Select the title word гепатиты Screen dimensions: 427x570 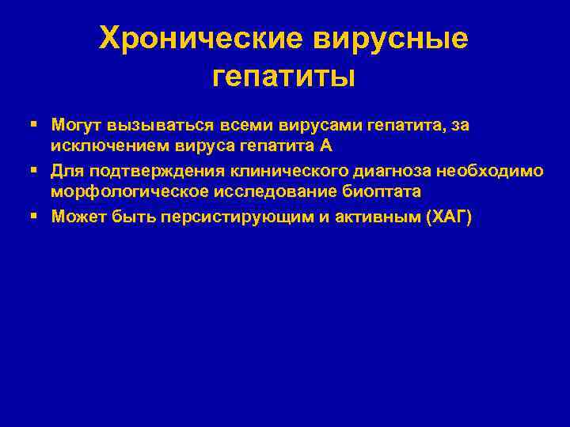(x=284, y=76)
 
